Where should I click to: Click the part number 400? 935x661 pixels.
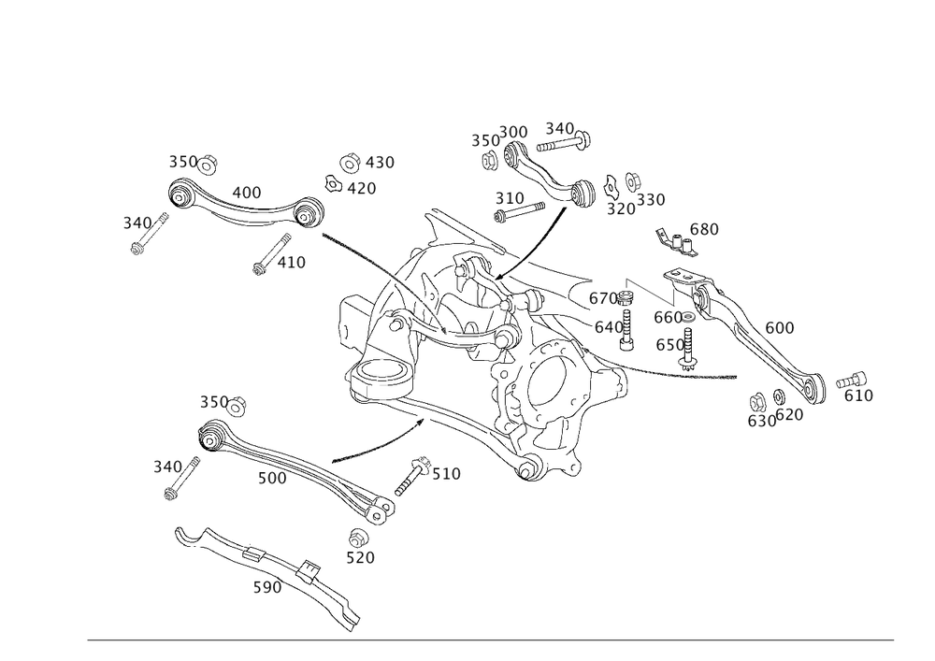[246, 192]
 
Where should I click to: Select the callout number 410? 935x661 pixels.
[291, 264]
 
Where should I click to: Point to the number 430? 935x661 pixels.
[379, 163]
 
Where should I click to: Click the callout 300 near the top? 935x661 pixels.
[514, 132]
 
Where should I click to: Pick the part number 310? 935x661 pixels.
[510, 198]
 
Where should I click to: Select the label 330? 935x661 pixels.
[652, 200]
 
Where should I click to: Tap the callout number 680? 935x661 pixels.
[704, 229]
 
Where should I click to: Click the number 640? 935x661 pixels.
[608, 327]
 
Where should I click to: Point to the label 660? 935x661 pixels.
[668, 318]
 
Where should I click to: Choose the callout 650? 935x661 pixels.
[670, 345]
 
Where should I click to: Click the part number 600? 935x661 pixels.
[780, 328]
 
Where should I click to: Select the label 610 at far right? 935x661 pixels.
[857, 395]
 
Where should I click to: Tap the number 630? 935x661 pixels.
[761, 421]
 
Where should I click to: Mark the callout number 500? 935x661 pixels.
[271, 477]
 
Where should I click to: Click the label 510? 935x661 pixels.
[445, 474]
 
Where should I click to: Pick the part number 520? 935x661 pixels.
[360, 558]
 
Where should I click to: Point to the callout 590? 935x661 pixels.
[268, 588]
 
